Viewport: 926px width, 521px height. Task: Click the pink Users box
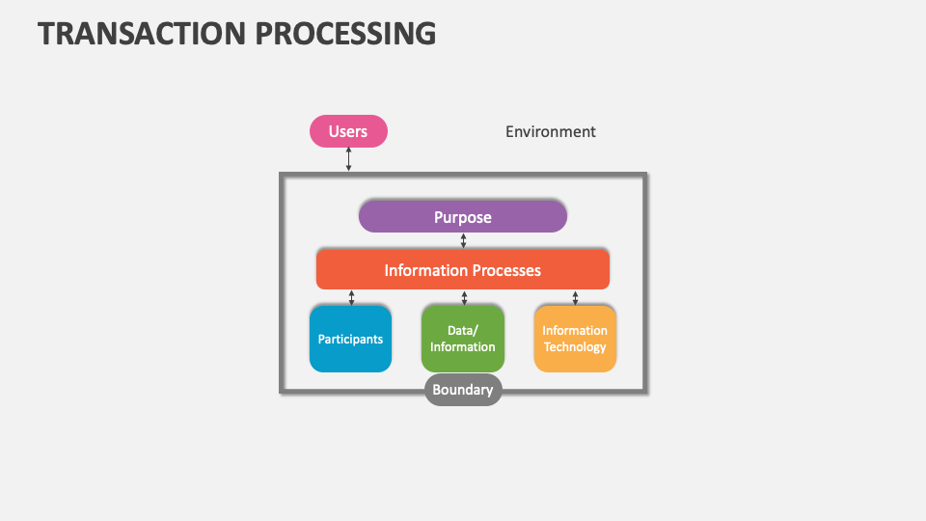point(348,131)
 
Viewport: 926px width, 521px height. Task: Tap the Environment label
point(551,131)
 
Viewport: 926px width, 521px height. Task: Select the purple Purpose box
point(462,217)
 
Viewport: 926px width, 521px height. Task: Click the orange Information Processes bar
point(462,270)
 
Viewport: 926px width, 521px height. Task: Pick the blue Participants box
point(350,339)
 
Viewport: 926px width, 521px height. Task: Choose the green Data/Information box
point(462,339)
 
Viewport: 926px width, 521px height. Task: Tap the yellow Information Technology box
point(575,339)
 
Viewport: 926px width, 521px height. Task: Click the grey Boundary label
point(463,390)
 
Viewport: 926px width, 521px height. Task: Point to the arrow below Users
point(349,160)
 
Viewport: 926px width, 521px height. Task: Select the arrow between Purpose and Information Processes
point(464,240)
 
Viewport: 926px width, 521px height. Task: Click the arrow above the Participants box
point(351,297)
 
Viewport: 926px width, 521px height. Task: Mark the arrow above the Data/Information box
point(464,297)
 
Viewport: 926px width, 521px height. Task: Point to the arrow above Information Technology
point(576,297)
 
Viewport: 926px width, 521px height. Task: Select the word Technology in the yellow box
point(575,347)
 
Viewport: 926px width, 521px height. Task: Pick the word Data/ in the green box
point(463,331)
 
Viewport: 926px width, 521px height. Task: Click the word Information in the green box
point(463,347)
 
